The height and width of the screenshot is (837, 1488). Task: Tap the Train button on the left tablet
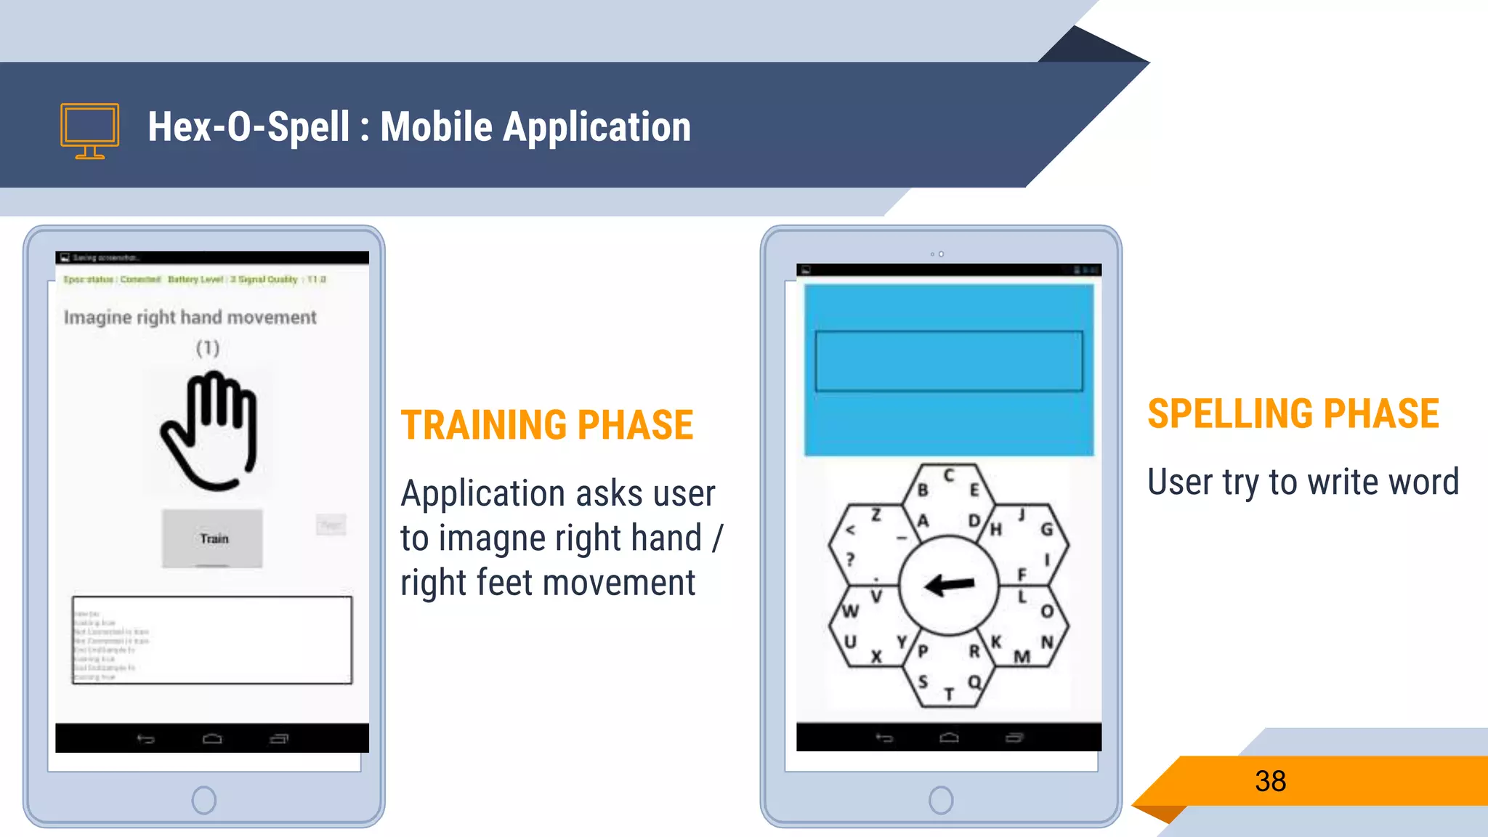click(212, 538)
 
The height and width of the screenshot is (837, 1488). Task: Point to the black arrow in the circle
click(949, 583)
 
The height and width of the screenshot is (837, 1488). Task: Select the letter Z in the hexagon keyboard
click(876, 515)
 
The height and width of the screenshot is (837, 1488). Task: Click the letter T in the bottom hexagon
click(949, 695)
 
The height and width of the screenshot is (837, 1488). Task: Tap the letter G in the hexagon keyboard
click(1046, 529)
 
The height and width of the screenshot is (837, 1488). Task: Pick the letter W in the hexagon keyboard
click(850, 611)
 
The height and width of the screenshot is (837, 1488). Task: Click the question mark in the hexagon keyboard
click(850, 559)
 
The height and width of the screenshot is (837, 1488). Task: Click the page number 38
click(1270, 781)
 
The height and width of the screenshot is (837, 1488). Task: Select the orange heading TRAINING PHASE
click(547, 425)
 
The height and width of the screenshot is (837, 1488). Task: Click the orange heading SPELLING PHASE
click(1293, 413)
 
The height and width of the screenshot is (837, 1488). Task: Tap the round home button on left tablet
click(204, 800)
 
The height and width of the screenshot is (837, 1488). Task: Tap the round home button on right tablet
click(941, 800)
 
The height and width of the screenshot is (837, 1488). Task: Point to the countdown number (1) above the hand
click(208, 348)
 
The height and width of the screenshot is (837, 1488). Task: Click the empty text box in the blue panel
click(949, 361)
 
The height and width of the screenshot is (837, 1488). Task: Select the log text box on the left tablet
click(212, 640)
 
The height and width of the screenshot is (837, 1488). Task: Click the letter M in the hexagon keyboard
click(1022, 657)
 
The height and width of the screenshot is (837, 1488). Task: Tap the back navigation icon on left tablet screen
click(146, 739)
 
